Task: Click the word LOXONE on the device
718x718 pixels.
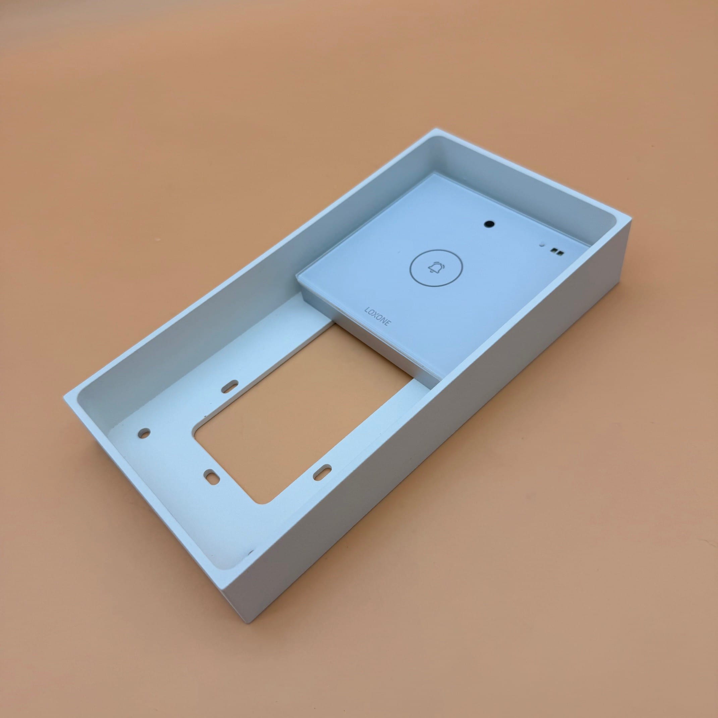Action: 377,316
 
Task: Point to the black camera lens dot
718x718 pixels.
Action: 489,224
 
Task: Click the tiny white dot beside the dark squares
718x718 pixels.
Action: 543,245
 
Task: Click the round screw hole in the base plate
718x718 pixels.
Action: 144,433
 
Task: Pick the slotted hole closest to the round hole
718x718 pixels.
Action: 211,476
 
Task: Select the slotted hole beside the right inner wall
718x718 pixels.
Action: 322,471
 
